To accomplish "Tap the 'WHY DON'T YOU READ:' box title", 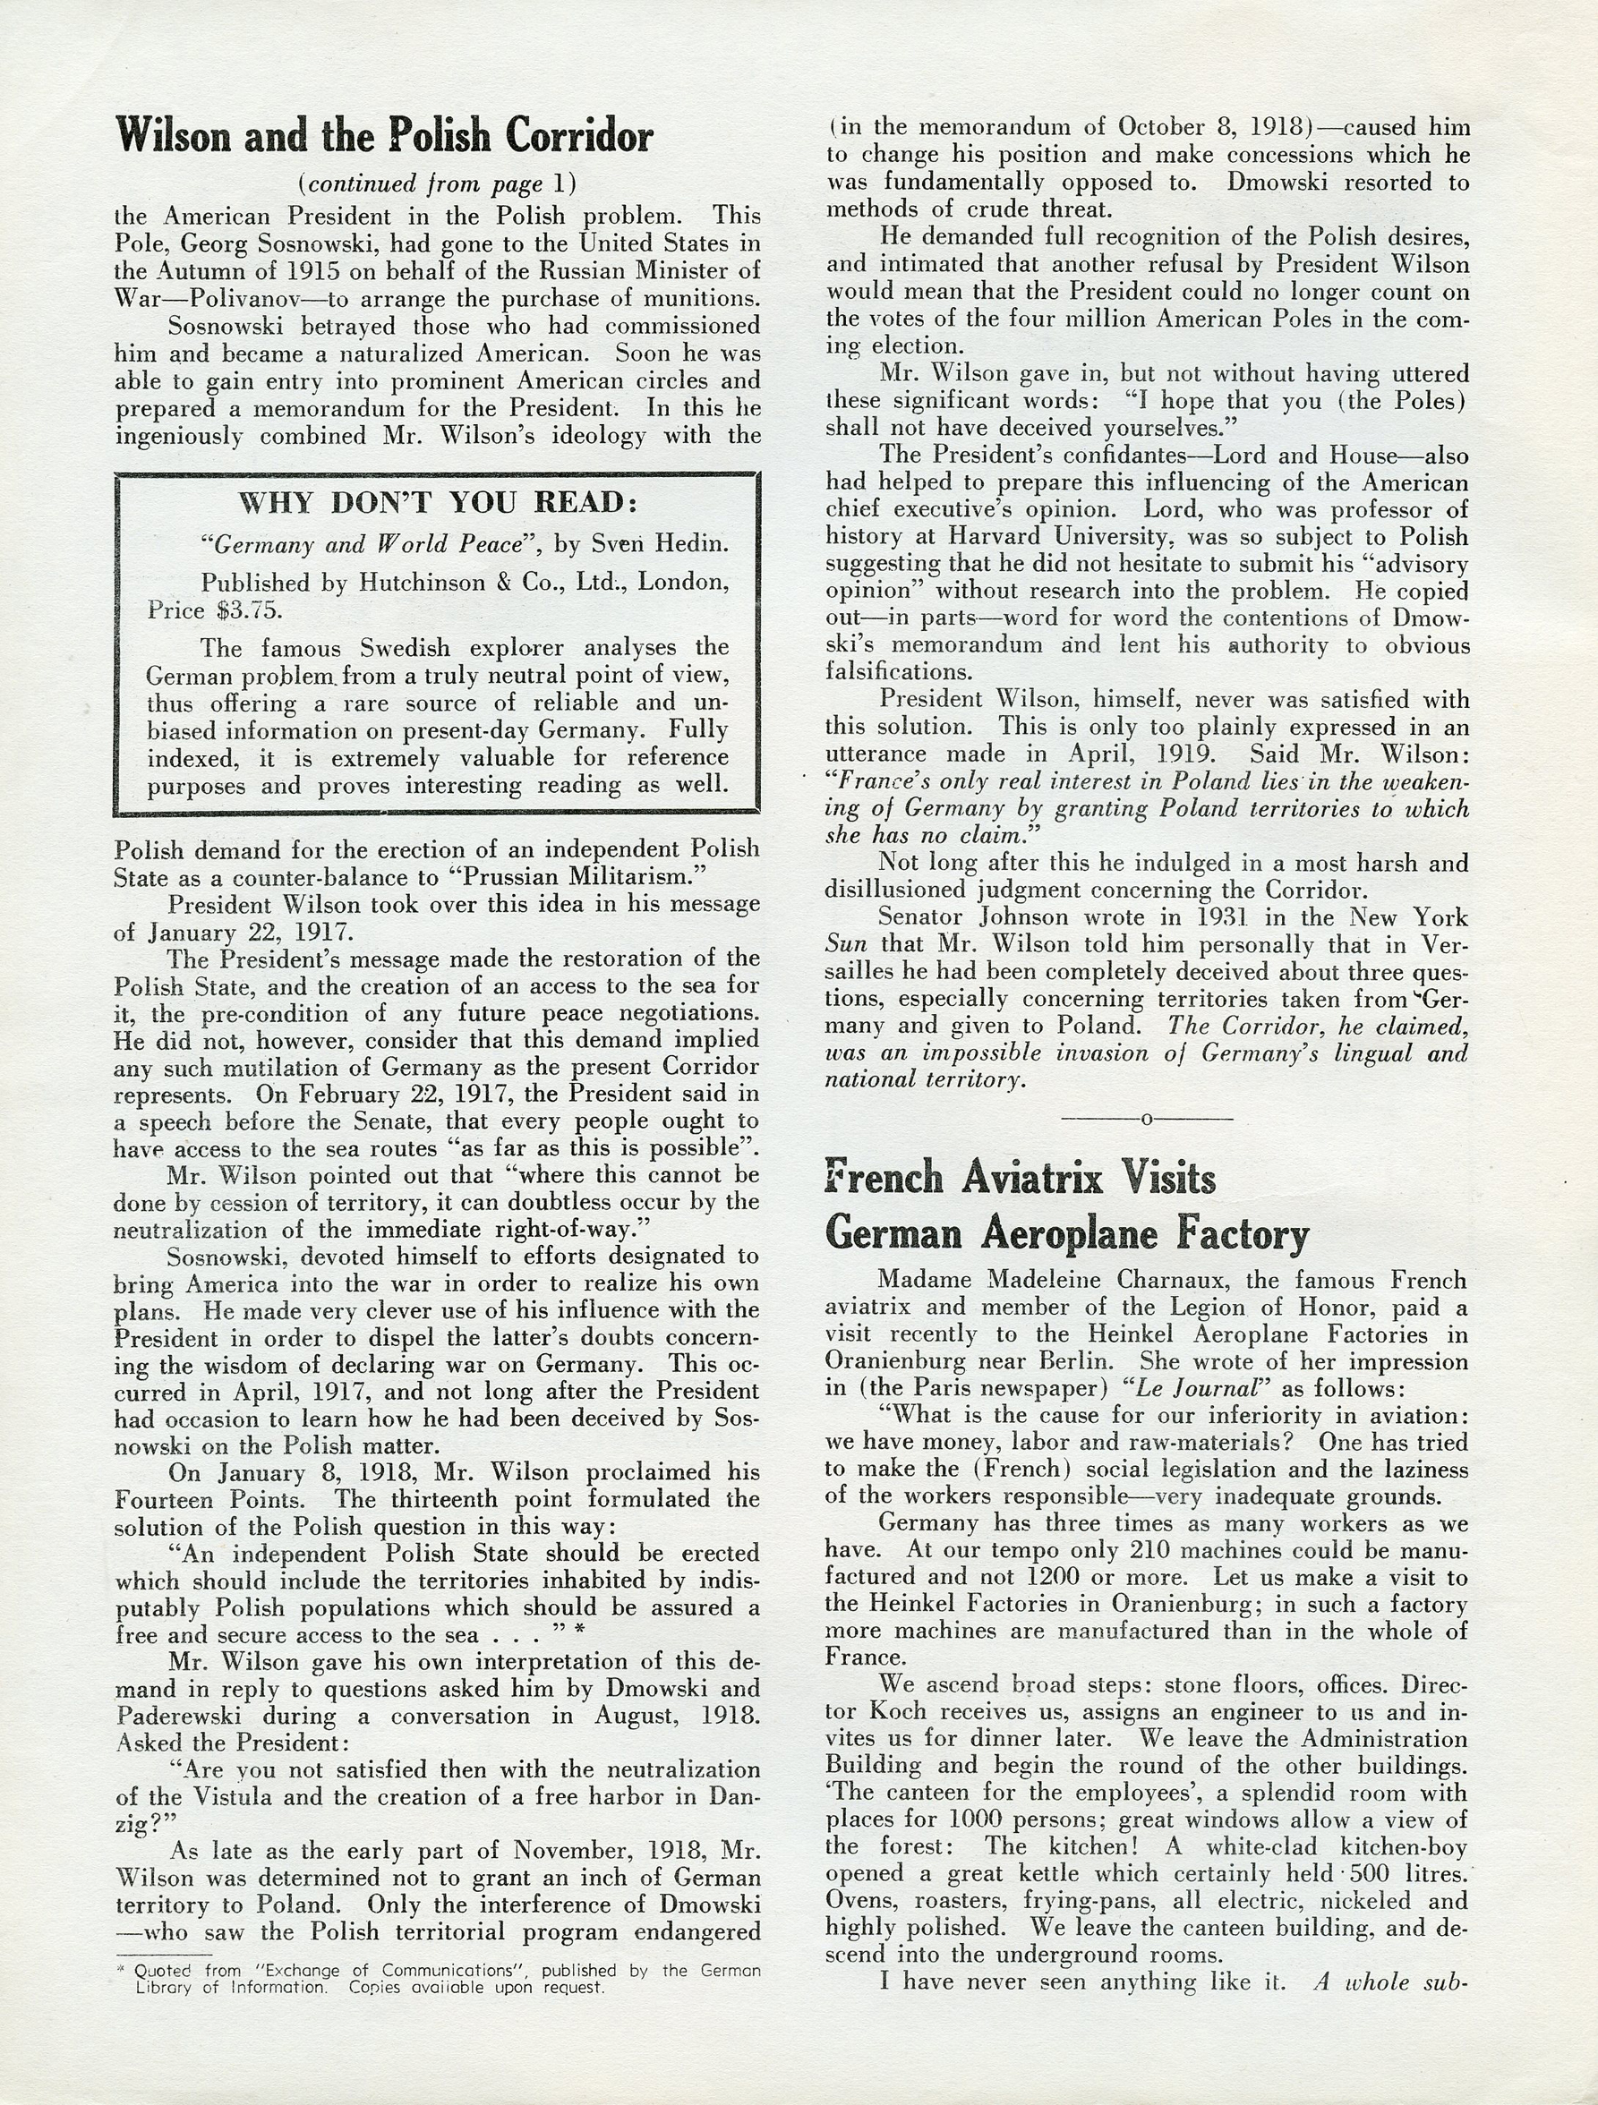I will (437, 502).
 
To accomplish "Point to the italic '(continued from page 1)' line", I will (437, 183).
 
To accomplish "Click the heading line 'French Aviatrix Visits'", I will (1021, 1178).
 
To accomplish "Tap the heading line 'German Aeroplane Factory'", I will (1067, 1234).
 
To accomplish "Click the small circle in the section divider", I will (1147, 1119).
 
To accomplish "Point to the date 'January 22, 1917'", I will (251, 931).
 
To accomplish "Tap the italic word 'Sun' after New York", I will (846, 945).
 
